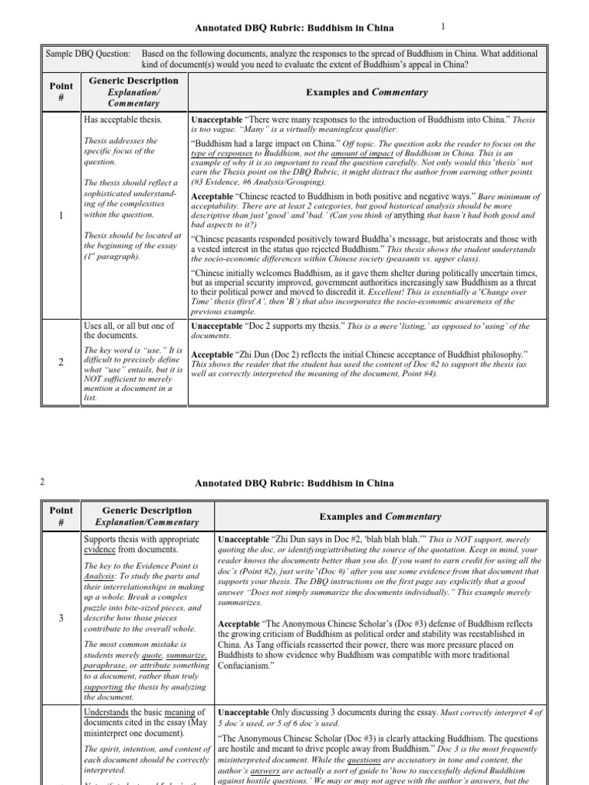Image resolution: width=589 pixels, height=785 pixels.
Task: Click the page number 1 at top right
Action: pos(443,27)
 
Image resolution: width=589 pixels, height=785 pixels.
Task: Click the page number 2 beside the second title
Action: pos(41,482)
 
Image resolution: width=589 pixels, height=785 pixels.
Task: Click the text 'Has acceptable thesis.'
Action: pos(123,120)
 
